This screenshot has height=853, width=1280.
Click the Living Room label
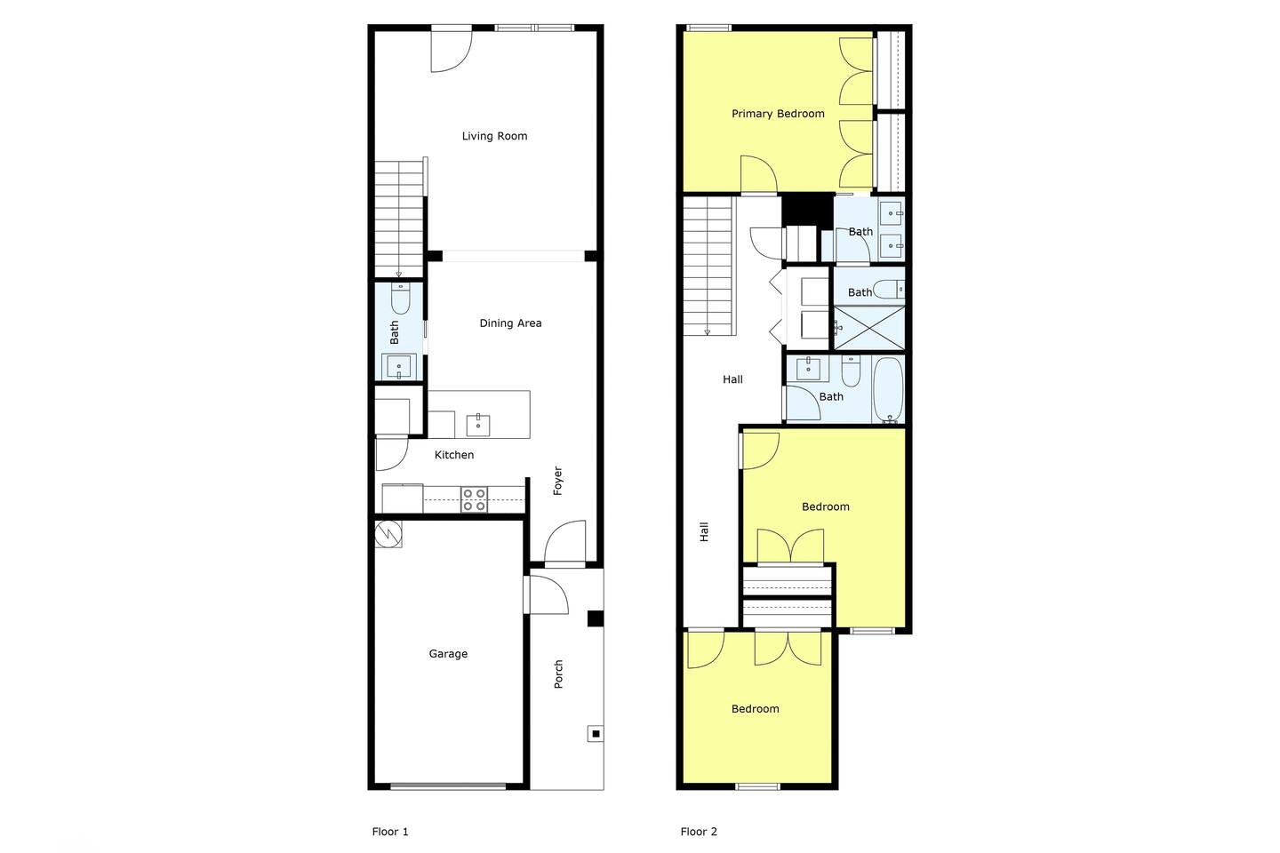point(494,136)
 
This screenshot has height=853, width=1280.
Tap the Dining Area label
point(510,323)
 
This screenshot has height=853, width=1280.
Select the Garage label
point(448,654)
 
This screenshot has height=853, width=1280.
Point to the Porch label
point(558,674)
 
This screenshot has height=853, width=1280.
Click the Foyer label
point(557,481)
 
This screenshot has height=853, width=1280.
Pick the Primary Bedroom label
point(778,114)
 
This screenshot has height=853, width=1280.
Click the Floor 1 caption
point(390,832)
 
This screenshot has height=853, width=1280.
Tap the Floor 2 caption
point(699,832)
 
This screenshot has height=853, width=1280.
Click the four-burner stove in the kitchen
point(475,499)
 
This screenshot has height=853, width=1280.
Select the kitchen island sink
point(477,425)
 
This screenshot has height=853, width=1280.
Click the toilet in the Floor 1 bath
point(400,299)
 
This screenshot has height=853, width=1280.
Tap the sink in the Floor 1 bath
point(399,366)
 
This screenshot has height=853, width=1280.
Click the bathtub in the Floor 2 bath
point(888,390)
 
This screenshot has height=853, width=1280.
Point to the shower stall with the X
point(869,328)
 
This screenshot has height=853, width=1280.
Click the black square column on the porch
point(596,618)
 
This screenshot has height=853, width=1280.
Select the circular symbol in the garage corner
point(388,535)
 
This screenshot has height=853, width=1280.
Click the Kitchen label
point(454,455)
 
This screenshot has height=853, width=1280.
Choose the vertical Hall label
point(704,532)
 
